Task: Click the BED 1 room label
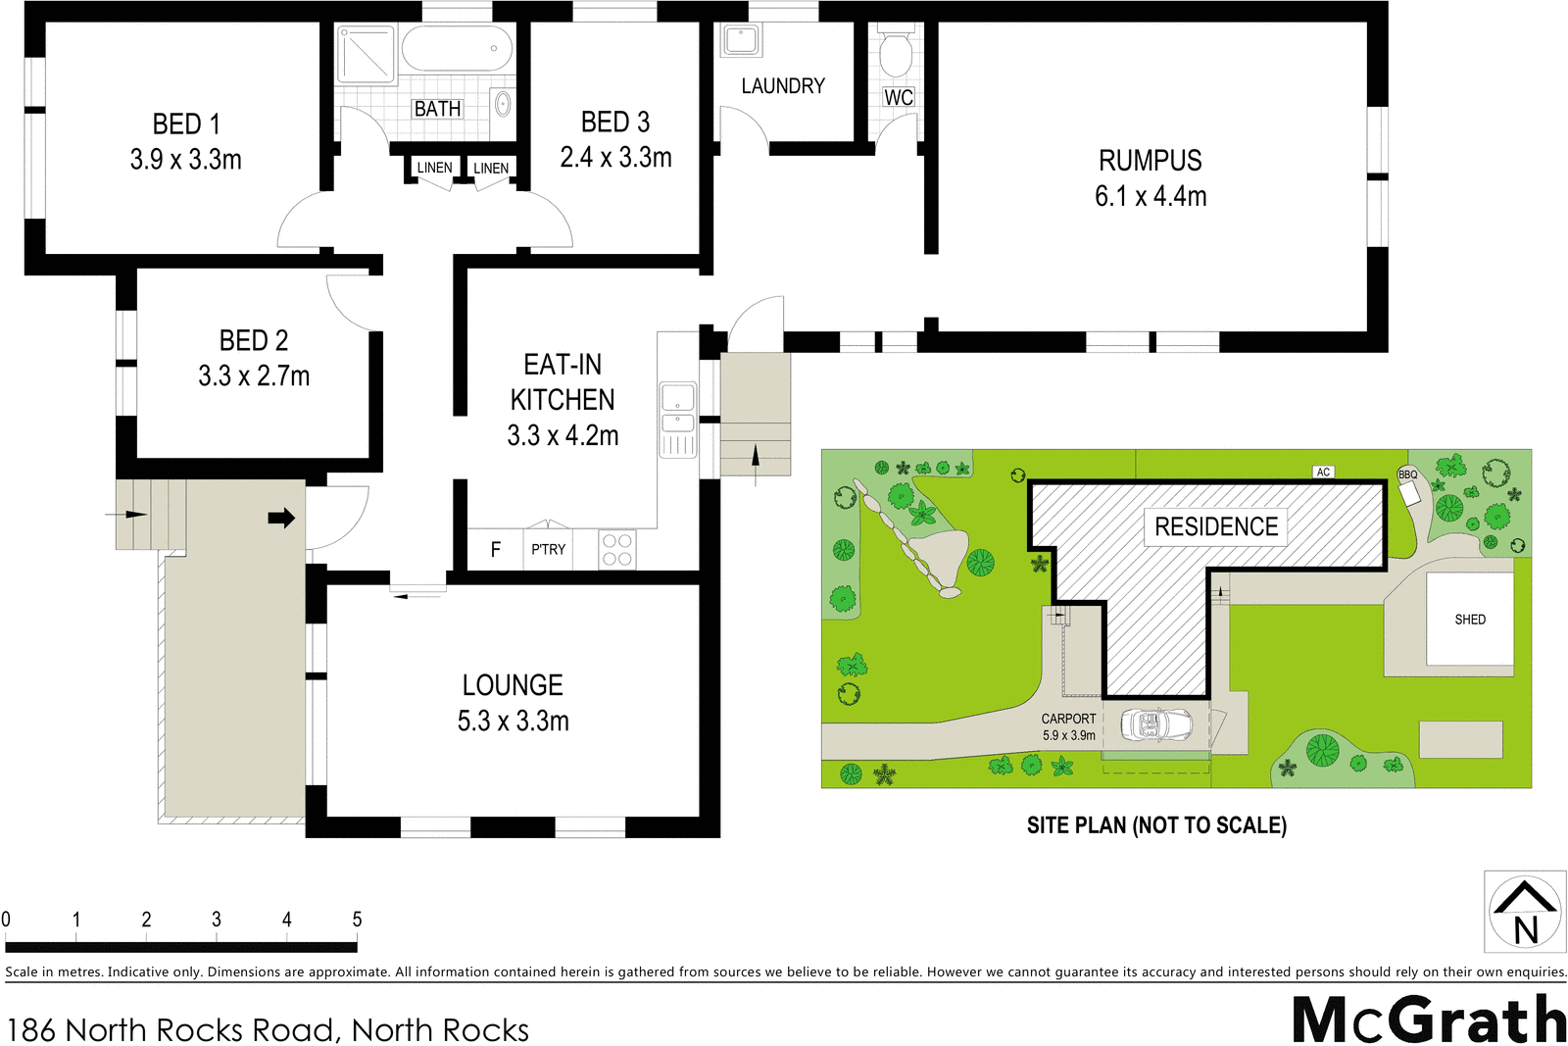pos(186,125)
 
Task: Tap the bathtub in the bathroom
pos(457,48)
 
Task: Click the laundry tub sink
pos(741,41)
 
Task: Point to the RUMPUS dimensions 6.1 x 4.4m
pos(1150,196)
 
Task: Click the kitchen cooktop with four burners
pos(616,549)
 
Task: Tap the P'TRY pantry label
pos(548,549)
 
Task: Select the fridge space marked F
pos(495,549)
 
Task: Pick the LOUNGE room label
pos(513,685)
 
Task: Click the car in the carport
pos(1157,725)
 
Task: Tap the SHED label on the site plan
pos(1469,620)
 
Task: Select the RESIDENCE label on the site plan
pos(1215,526)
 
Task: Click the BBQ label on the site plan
pos(1407,474)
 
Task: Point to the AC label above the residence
pos(1323,472)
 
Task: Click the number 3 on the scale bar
pos(217,920)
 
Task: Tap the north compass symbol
pos(1525,912)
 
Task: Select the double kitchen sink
pos(677,411)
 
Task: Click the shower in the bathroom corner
pos(366,54)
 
